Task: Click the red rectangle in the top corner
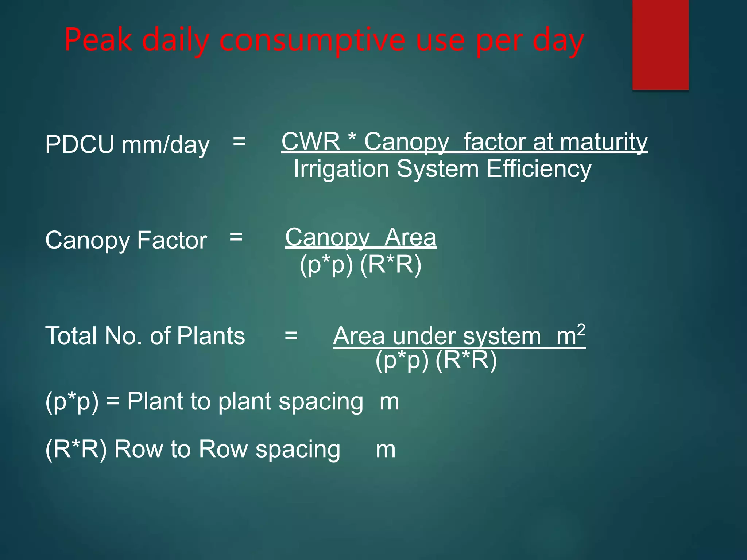[660, 44]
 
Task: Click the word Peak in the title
[98, 40]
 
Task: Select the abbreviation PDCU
[80, 145]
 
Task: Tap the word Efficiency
[539, 169]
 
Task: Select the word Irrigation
[341, 169]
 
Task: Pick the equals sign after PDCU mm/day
[239, 141]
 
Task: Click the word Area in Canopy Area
[410, 237]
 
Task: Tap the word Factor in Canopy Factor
[172, 241]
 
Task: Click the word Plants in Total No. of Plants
[211, 336]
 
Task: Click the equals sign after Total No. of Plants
[291, 336]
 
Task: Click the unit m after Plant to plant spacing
[389, 402]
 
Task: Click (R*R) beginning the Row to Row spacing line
[76, 449]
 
